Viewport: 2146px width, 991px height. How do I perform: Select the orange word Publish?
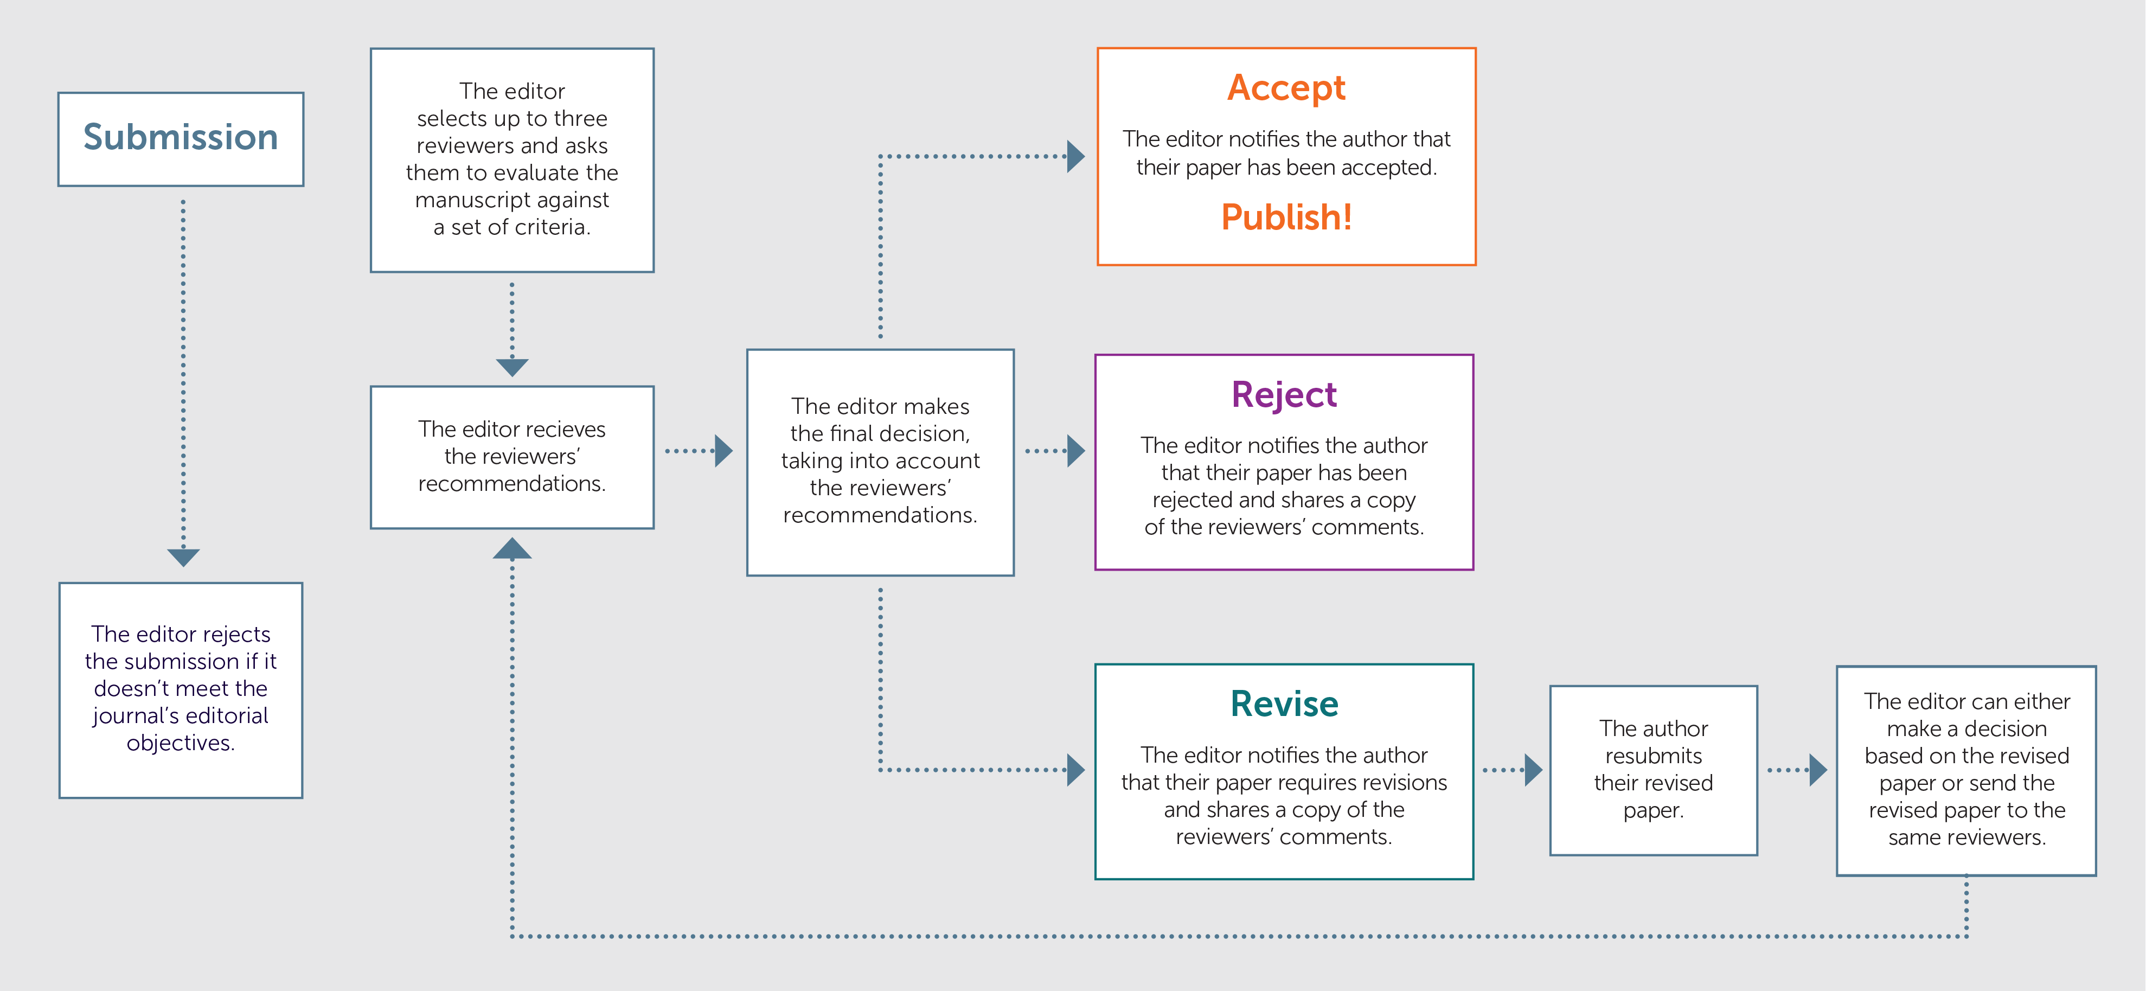point(1285,217)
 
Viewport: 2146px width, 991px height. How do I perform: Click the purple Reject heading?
point(1284,394)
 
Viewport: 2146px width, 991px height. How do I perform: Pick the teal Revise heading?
point(1284,704)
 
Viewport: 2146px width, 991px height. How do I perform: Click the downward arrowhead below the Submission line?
point(183,557)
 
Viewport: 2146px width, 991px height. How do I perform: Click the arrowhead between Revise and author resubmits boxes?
point(1532,769)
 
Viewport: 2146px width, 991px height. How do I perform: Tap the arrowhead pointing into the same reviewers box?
point(1818,769)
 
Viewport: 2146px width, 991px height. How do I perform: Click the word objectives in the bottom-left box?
point(180,743)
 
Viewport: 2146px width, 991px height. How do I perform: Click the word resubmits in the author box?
point(1653,756)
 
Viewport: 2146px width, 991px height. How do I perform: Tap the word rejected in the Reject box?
point(1192,500)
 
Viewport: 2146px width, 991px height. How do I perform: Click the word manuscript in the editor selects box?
point(471,200)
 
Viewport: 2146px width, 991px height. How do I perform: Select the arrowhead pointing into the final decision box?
point(723,451)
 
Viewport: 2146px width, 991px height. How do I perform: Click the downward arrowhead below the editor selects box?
point(511,367)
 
